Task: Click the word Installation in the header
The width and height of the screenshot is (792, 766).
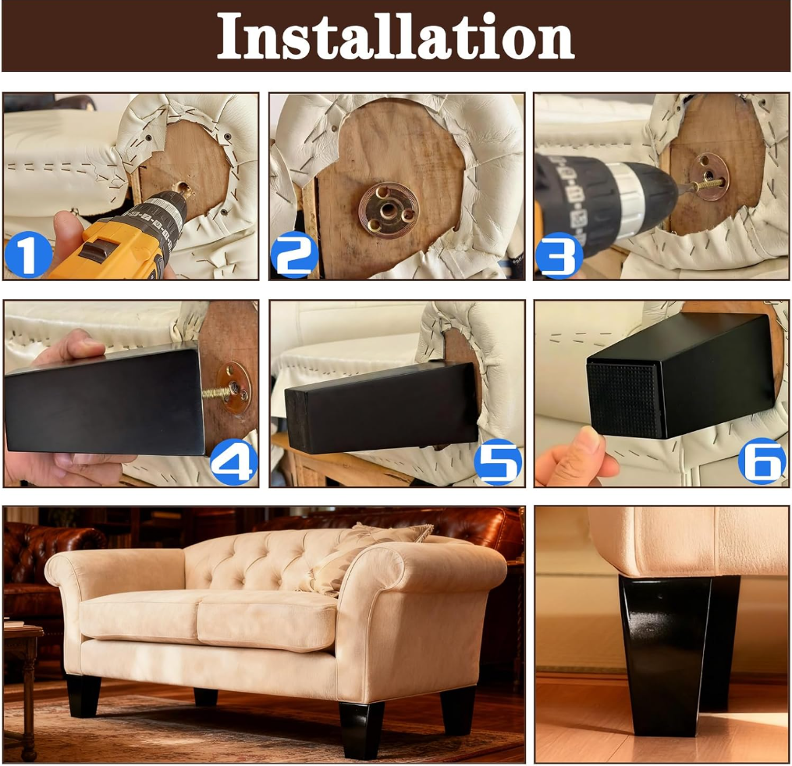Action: pyautogui.click(x=396, y=37)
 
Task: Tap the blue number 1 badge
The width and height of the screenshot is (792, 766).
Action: pyautogui.click(x=28, y=255)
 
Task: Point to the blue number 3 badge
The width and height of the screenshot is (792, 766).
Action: pyautogui.click(x=559, y=255)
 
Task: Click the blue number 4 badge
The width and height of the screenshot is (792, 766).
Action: pyautogui.click(x=234, y=461)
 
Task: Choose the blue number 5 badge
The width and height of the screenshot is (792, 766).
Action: pyautogui.click(x=498, y=461)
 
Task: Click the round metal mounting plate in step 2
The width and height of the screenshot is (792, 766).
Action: pyautogui.click(x=389, y=208)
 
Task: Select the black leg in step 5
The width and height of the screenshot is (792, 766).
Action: pyautogui.click(x=382, y=408)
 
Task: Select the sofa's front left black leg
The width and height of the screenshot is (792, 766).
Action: pyautogui.click(x=83, y=696)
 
